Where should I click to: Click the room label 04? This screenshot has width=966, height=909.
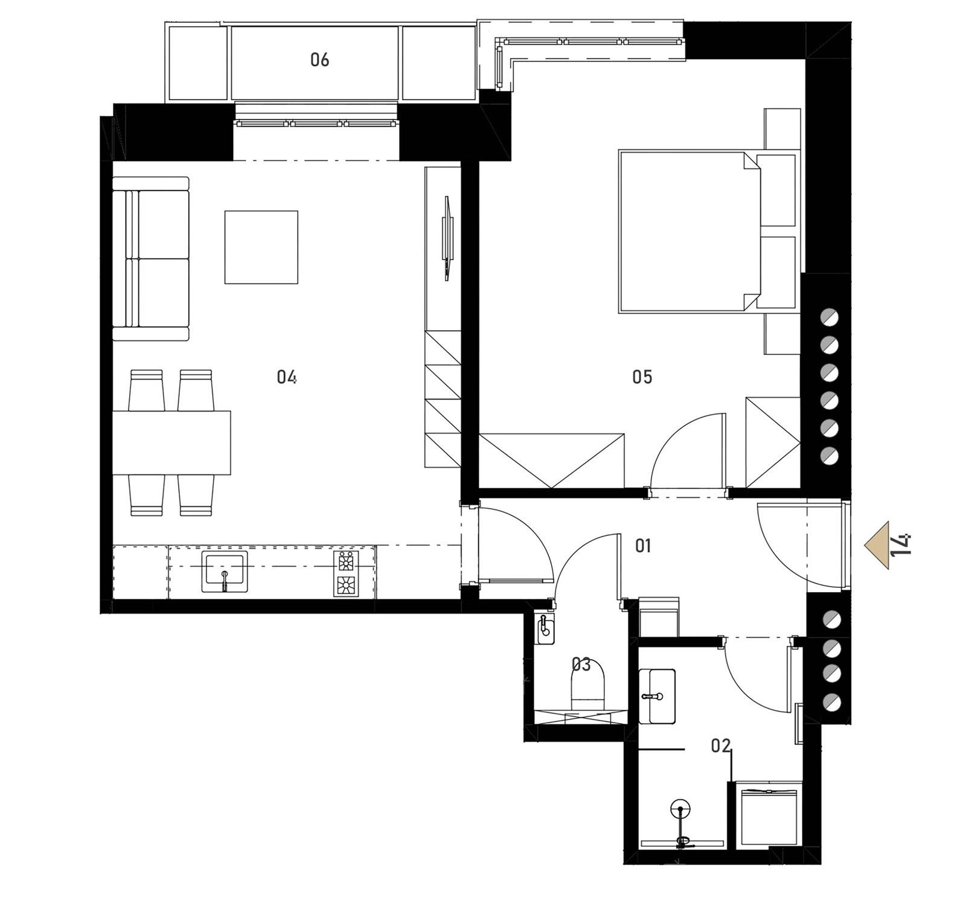[x=286, y=377]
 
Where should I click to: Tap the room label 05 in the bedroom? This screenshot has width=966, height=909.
[x=642, y=377]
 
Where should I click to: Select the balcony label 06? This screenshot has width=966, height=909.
[x=319, y=60]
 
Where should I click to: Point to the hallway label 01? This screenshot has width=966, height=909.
[x=643, y=546]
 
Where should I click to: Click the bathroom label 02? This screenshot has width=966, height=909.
[x=721, y=746]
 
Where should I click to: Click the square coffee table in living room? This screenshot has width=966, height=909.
[x=261, y=247]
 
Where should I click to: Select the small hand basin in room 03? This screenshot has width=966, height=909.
[x=545, y=628]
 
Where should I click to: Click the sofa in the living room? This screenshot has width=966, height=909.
[x=151, y=259]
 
